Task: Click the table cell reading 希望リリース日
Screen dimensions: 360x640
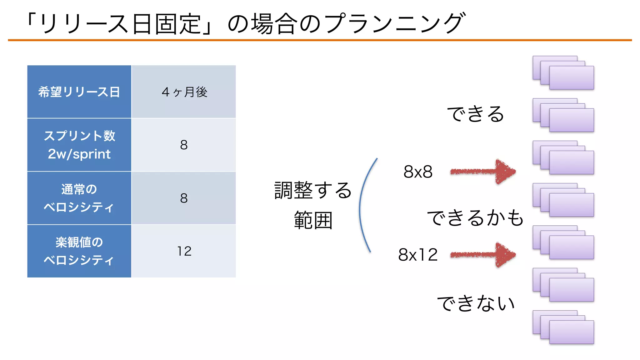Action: pyautogui.click(x=79, y=92)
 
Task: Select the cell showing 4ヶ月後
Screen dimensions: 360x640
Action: pyautogui.click(x=184, y=92)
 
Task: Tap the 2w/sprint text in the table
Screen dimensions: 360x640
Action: pyautogui.click(x=79, y=154)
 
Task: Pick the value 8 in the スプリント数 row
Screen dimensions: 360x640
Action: pyautogui.click(x=184, y=145)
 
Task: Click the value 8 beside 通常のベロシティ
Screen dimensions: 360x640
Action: pyautogui.click(x=184, y=198)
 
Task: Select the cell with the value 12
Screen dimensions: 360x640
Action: pyautogui.click(x=184, y=251)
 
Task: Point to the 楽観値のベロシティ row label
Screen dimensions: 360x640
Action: pyautogui.click(x=79, y=251)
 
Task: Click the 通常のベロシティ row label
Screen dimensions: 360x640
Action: pyautogui.click(x=79, y=198)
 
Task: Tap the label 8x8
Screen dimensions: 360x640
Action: pyautogui.click(x=418, y=172)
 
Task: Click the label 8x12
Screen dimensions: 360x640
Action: pyautogui.click(x=418, y=255)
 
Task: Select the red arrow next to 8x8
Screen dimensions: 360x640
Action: pyautogui.click(x=483, y=171)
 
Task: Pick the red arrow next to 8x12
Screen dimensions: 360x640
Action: pyautogui.click(x=483, y=255)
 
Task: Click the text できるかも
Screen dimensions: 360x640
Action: pyautogui.click(x=475, y=218)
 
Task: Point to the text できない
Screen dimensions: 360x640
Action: pyautogui.click(x=476, y=303)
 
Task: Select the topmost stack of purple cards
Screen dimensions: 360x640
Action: pyautogui.click(x=563, y=73)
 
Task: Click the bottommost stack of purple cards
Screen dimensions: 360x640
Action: pyautogui.click(x=563, y=327)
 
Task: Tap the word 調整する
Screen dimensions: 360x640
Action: pyautogui.click(x=313, y=190)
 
